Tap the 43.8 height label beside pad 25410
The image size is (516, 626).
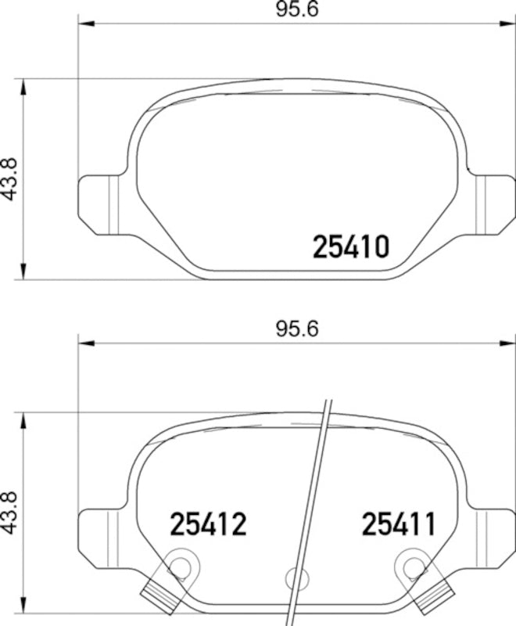tap(11, 179)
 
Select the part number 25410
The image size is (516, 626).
tap(350, 247)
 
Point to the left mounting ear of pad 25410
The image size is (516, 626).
tap(99, 204)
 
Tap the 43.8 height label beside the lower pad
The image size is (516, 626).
tap(11, 513)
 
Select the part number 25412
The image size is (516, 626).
tap(208, 524)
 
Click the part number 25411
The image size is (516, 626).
tap(398, 524)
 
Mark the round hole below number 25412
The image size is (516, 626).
tap(181, 565)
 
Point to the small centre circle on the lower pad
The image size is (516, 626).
tap(296, 579)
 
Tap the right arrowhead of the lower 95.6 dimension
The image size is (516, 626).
tap(509, 343)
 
